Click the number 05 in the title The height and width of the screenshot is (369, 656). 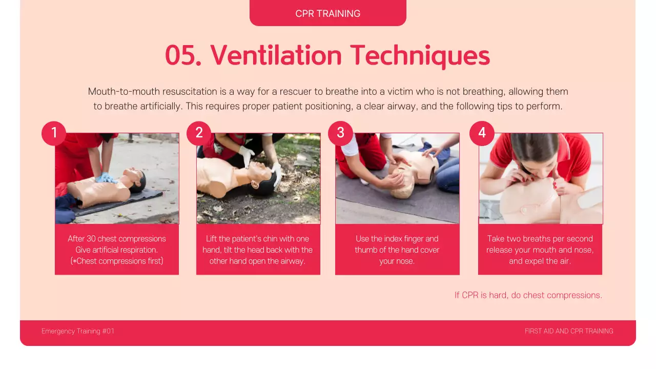[x=182, y=55]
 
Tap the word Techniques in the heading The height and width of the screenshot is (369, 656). [x=420, y=55]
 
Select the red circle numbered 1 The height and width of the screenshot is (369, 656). [x=54, y=133]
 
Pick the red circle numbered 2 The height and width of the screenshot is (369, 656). [x=199, y=133]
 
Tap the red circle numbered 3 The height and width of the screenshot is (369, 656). [x=340, y=133]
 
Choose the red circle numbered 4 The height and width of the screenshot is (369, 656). [x=482, y=133]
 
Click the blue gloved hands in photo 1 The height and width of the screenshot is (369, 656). [x=107, y=178]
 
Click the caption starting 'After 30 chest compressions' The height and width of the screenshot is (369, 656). [x=117, y=250]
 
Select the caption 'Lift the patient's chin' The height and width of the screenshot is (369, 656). [x=258, y=250]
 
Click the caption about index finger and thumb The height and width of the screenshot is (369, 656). [x=397, y=250]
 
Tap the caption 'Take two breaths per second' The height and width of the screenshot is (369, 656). [x=540, y=250]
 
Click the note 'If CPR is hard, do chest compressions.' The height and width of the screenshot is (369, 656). [x=528, y=295]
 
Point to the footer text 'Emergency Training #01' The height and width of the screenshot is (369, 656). [x=78, y=331]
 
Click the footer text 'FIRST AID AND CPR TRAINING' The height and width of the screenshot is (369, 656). [x=569, y=331]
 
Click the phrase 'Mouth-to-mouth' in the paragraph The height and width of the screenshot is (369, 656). [x=124, y=92]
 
